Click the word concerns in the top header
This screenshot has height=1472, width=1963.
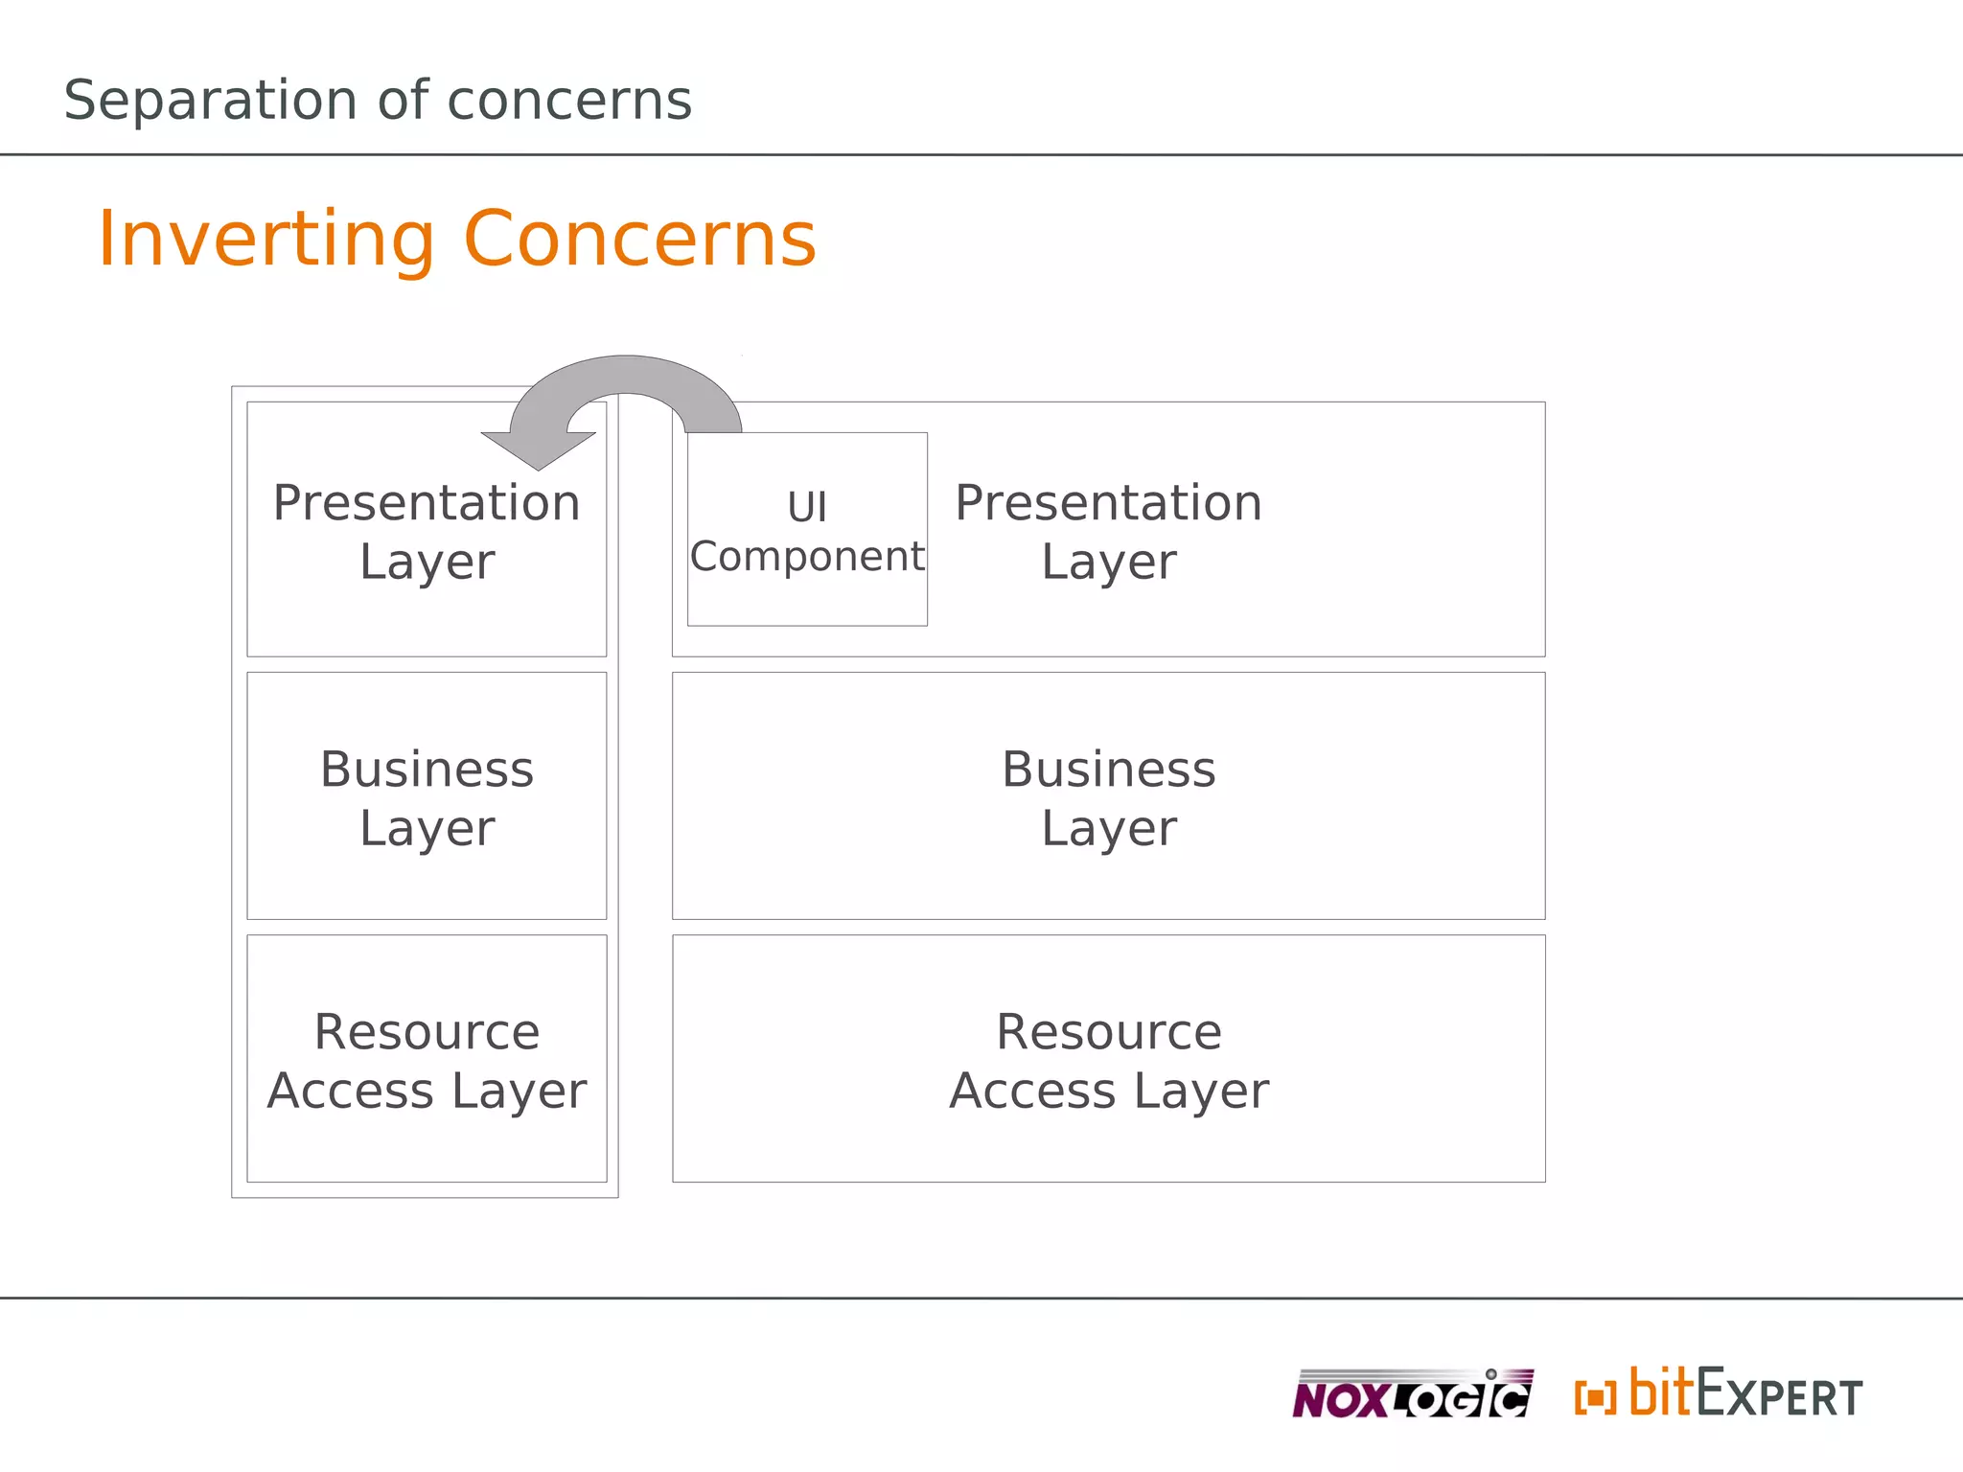569,101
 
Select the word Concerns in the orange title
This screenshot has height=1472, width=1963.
639,239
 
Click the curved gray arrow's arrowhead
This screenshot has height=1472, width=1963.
539,449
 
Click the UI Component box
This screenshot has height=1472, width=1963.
807,529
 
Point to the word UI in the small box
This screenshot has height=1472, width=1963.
807,507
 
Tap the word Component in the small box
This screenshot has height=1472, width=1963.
807,557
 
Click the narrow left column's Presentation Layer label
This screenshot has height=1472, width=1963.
427,531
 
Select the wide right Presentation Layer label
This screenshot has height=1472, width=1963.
1108,531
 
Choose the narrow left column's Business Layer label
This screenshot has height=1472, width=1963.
427,797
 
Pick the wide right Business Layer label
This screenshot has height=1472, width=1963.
1108,797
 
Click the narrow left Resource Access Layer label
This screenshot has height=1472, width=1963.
427,1061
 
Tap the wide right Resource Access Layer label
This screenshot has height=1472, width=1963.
1108,1061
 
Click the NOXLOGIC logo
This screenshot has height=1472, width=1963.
1411,1394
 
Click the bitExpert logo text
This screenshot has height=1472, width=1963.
1744,1394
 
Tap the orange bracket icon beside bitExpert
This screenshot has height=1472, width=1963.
1595,1397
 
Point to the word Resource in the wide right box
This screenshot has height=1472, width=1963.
1108,1032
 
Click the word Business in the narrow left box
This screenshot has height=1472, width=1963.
427,770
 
